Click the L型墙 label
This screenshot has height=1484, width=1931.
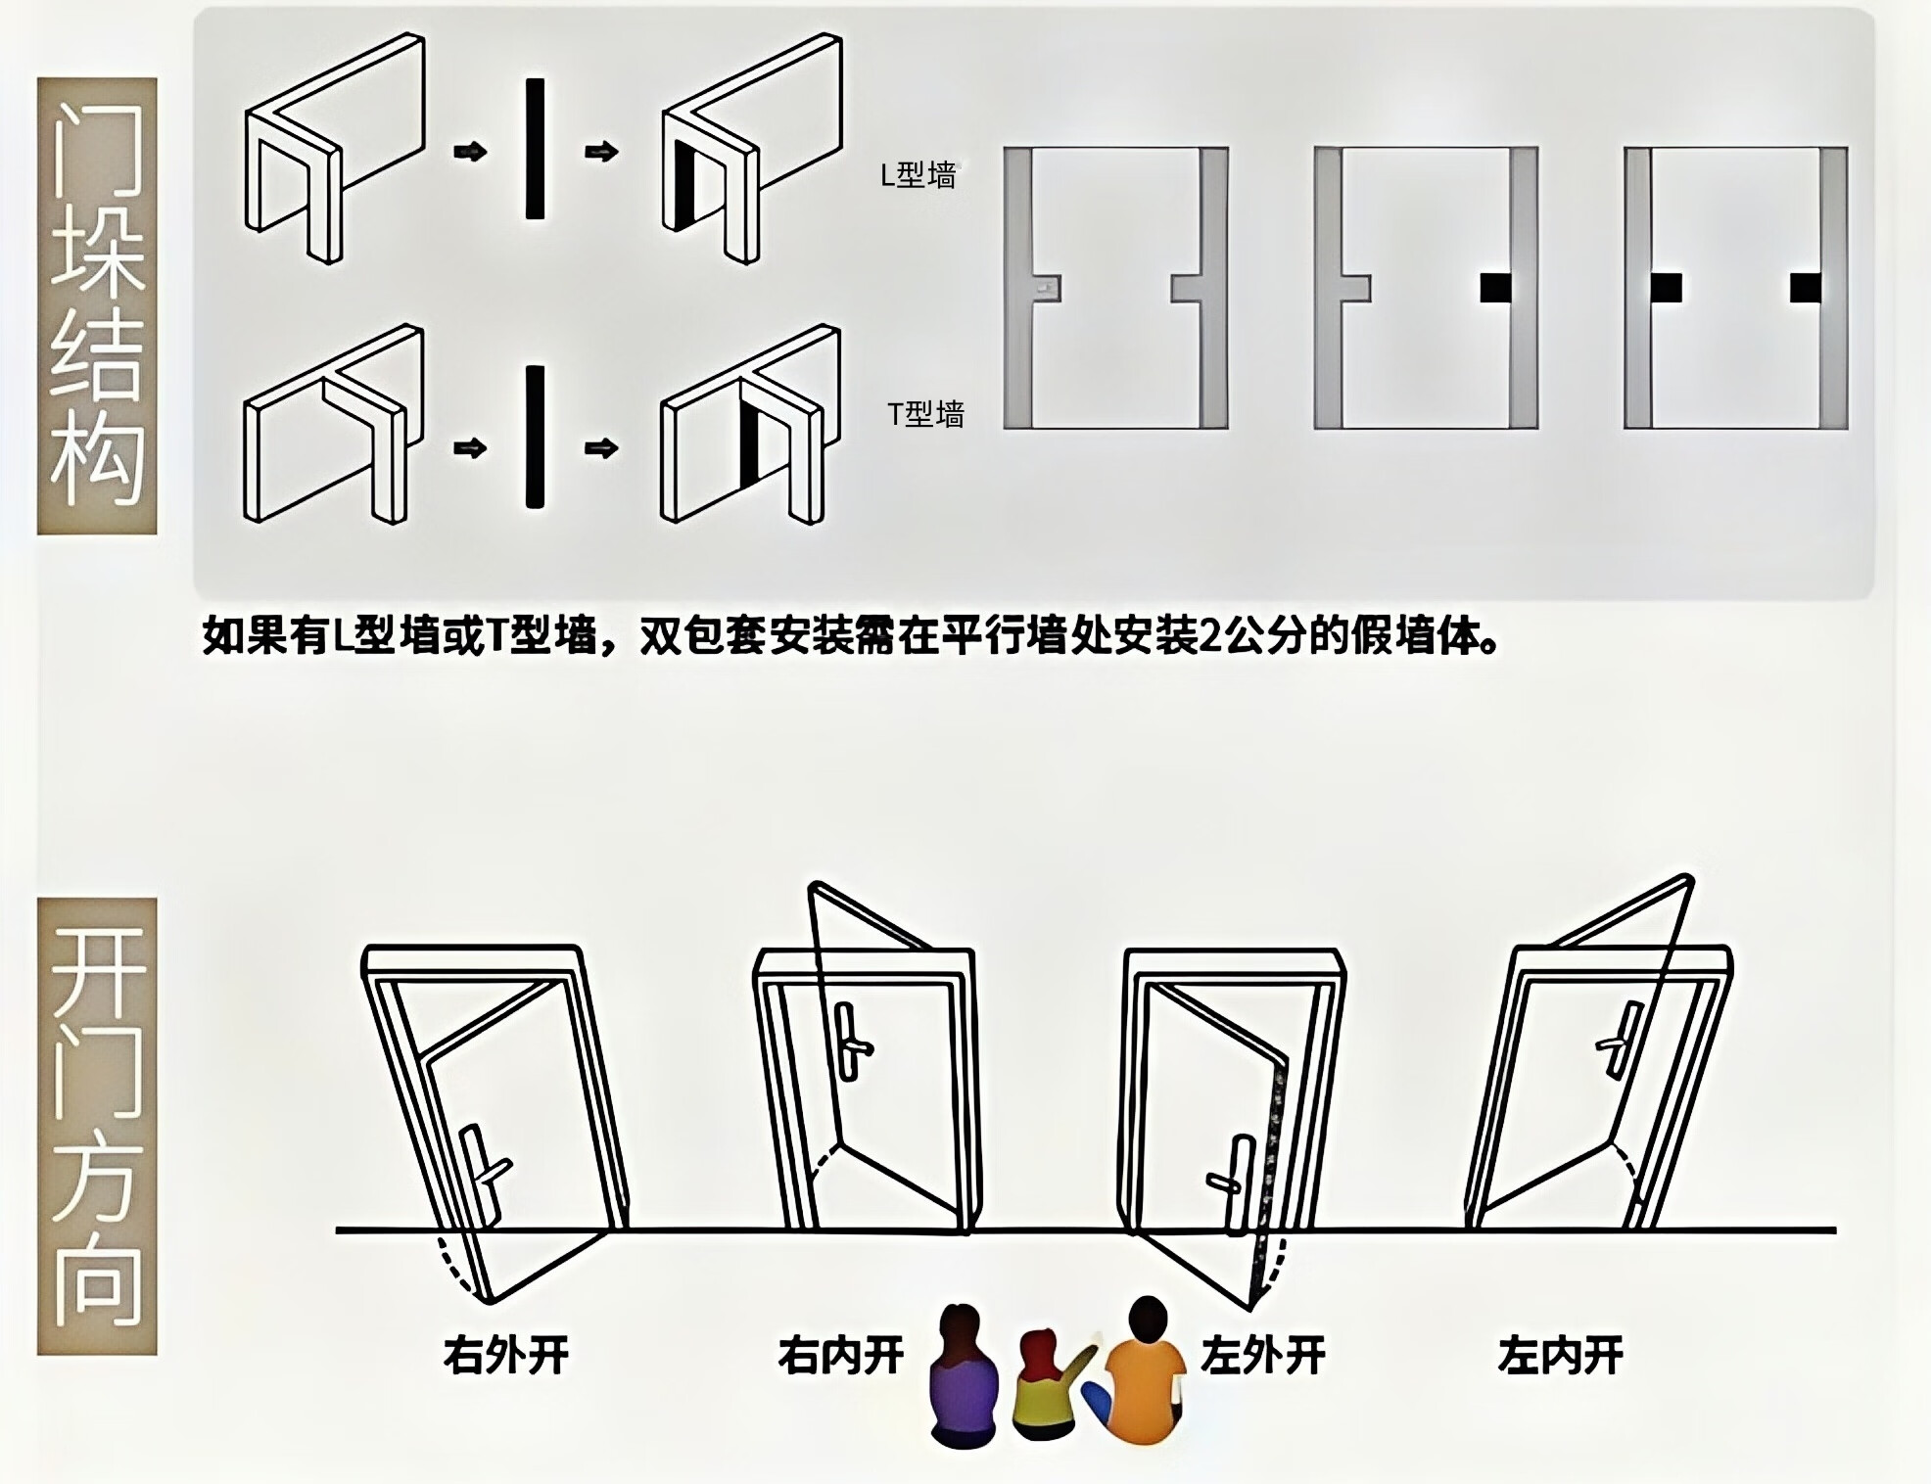(x=918, y=175)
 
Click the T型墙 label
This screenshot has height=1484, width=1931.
(x=925, y=415)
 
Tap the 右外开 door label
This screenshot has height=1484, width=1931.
(x=505, y=1356)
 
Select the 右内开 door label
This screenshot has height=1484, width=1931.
(x=840, y=1356)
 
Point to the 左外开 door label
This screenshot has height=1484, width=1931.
(x=1262, y=1356)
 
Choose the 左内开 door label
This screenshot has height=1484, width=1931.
(x=1560, y=1356)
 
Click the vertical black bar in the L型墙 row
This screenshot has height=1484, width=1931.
(x=535, y=149)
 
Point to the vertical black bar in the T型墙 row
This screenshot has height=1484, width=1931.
(x=535, y=437)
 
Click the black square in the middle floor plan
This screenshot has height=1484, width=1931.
(x=1494, y=288)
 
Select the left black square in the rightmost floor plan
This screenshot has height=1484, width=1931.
(x=1666, y=288)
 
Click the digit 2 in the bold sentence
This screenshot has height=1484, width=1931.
(x=1211, y=637)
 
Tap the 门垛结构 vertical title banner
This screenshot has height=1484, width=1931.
(x=97, y=305)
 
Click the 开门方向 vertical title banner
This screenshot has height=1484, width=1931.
(x=97, y=1126)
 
